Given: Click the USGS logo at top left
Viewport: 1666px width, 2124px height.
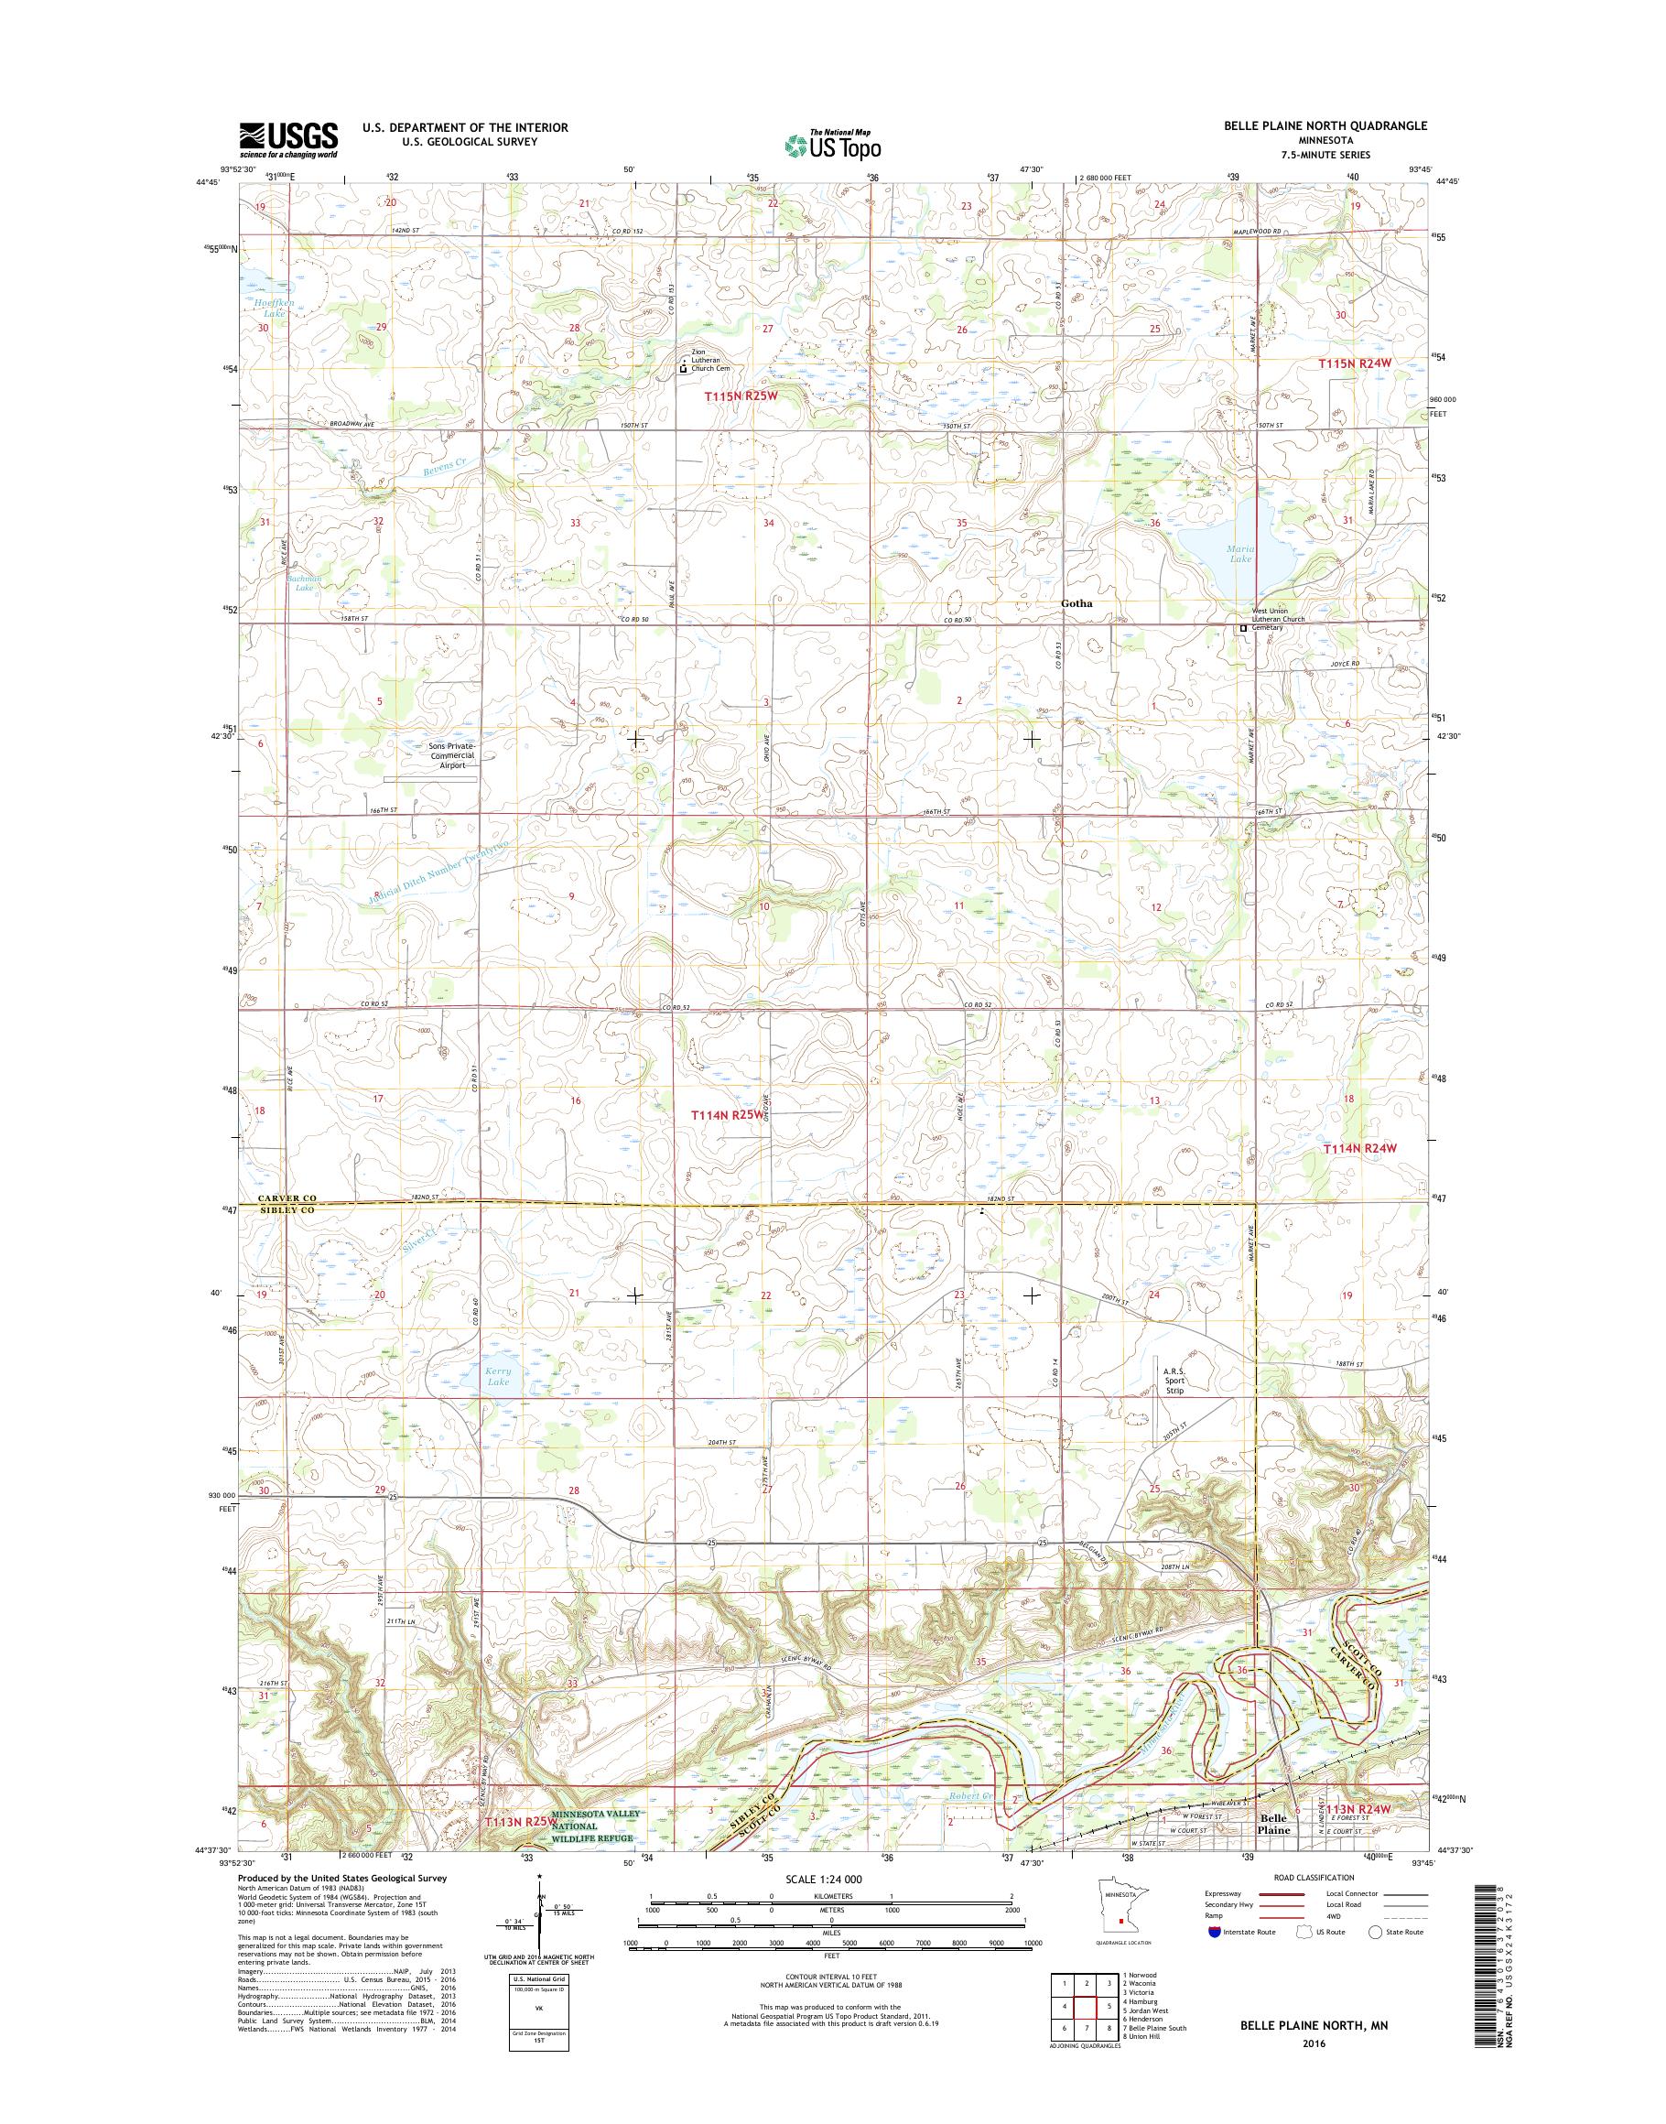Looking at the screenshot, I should (288, 139).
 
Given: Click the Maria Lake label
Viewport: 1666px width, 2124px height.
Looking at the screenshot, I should (1240, 553).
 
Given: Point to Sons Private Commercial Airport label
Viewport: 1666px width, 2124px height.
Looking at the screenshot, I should (450, 755).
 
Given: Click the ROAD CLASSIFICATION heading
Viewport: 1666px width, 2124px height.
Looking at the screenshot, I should (1314, 1877).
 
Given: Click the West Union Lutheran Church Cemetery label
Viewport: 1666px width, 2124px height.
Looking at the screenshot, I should (1282, 619).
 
